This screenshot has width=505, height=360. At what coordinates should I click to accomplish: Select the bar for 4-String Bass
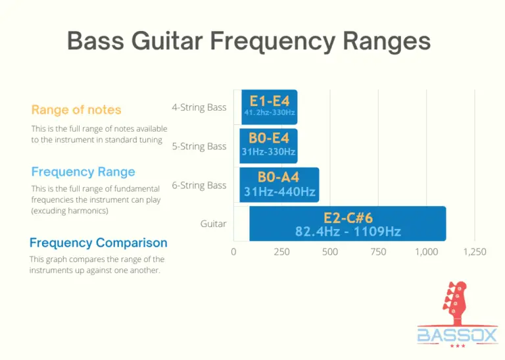[x=269, y=107]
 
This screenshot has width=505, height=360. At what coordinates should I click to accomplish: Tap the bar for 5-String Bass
[x=269, y=146]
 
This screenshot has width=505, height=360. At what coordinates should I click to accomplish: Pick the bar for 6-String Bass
[x=279, y=185]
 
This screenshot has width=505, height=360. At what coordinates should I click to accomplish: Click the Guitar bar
[x=347, y=224]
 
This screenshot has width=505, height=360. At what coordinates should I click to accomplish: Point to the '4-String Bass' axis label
[x=199, y=107]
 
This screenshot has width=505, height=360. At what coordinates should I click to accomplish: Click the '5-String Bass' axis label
[x=199, y=146]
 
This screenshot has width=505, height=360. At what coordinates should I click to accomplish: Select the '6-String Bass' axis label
[x=199, y=186]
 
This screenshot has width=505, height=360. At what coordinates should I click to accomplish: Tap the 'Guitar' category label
[x=213, y=224]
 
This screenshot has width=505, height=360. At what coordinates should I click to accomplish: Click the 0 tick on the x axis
[x=233, y=252]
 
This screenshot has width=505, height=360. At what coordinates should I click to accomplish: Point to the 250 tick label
[x=281, y=252]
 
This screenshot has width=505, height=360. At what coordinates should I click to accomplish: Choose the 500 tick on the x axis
[x=330, y=252]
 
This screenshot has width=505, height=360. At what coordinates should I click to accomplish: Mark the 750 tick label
[x=378, y=252]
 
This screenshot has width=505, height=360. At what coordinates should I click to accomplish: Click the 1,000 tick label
[x=426, y=252]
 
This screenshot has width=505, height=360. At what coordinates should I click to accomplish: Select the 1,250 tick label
[x=474, y=252]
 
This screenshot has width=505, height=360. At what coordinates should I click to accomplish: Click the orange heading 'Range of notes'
[x=76, y=110]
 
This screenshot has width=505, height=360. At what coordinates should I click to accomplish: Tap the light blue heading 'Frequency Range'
[x=83, y=172]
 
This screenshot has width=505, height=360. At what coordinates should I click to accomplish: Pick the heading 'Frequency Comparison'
[x=98, y=243]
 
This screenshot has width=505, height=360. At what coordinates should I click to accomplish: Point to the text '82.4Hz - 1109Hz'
[x=348, y=232]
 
